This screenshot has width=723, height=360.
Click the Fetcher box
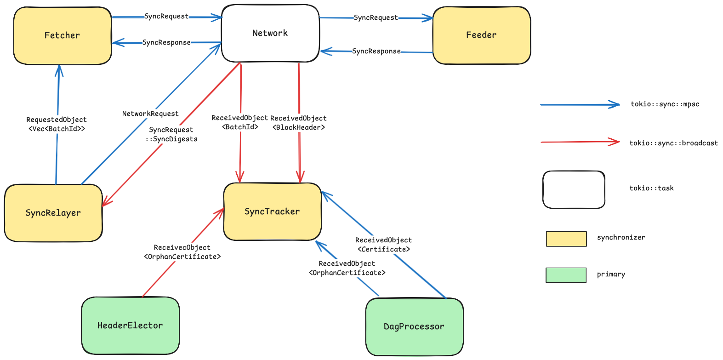tap(63, 35)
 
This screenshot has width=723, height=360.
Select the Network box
tap(270, 33)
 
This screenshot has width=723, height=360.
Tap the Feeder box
tap(481, 35)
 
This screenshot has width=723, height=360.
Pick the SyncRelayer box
tap(53, 213)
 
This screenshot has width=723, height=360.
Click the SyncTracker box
tap(272, 211)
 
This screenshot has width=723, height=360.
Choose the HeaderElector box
tap(130, 326)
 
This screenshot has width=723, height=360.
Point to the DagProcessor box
tap(414, 326)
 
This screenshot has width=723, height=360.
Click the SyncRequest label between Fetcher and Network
tap(166, 17)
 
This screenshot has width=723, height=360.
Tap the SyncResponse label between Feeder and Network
tap(376, 51)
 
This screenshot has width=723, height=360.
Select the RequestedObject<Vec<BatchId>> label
tap(57, 124)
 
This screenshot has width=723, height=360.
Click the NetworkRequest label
tap(150, 114)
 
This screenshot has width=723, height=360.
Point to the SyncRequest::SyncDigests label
tap(171, 134)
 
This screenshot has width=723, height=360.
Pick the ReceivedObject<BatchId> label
tap(239, 122)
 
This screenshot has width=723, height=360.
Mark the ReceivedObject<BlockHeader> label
tap(299, 123)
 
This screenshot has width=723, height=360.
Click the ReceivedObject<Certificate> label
tap(383, 245)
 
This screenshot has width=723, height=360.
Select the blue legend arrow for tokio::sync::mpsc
tap(580, 105)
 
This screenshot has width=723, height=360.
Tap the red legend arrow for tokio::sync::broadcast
tap(580, 142)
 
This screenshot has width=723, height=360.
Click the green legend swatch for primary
tap(566, 275)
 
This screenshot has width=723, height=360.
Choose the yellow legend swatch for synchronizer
tap(566, 239)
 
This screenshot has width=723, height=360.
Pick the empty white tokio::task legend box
tap(574, 189)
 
